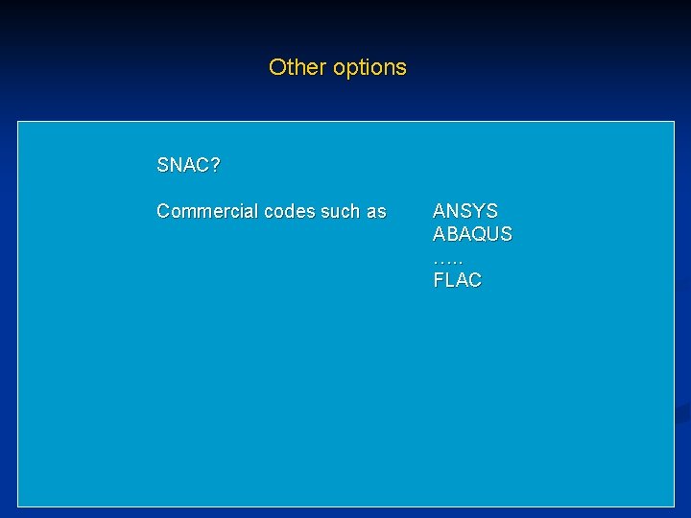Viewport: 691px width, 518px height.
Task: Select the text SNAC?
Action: pyautogui.click(x=188, y=165)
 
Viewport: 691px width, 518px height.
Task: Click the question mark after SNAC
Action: pyautogui.click(x=215, y=165)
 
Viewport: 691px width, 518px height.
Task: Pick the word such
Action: pyautogui.click(x=337, y=211)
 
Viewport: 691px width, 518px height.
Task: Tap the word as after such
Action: pyautogui.click(x=376, y=211)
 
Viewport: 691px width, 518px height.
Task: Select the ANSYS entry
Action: pyautogui.click(x=465, y=211)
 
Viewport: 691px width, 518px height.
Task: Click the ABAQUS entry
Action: pyautogui.click(x=472, y=234)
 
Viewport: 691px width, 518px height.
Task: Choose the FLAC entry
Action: pyautogui.click(x=457, y=281)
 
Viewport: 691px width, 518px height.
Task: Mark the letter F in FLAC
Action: pyautogui.click(x=439, y=281)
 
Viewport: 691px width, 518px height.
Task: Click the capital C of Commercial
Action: pyautogui.click(x=163, y=211)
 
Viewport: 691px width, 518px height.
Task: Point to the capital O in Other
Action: pyautogui.click(x=277, y=67)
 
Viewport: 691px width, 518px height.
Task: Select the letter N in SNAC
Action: pyautogui.click(x=176, y=165)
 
